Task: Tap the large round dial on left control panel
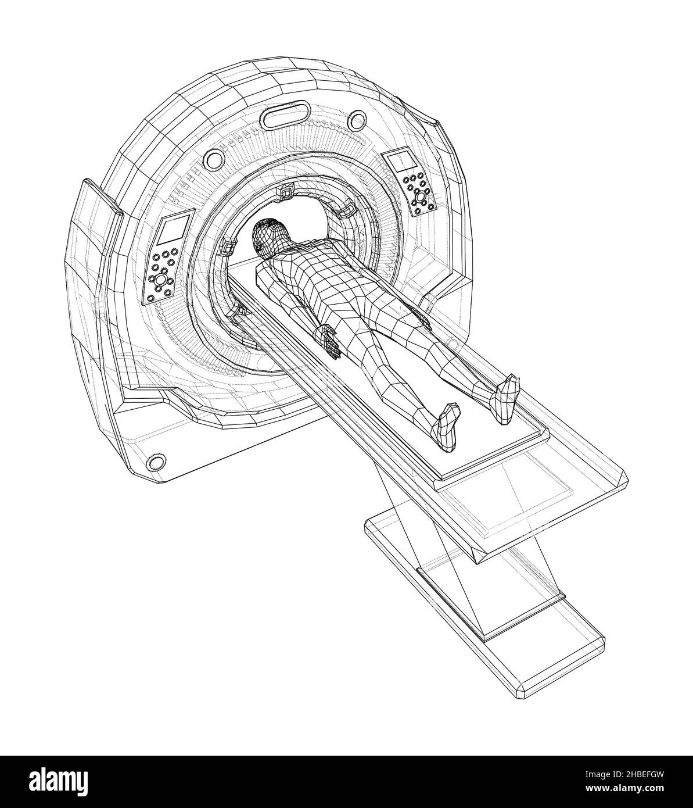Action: click(x=161, y=280)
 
